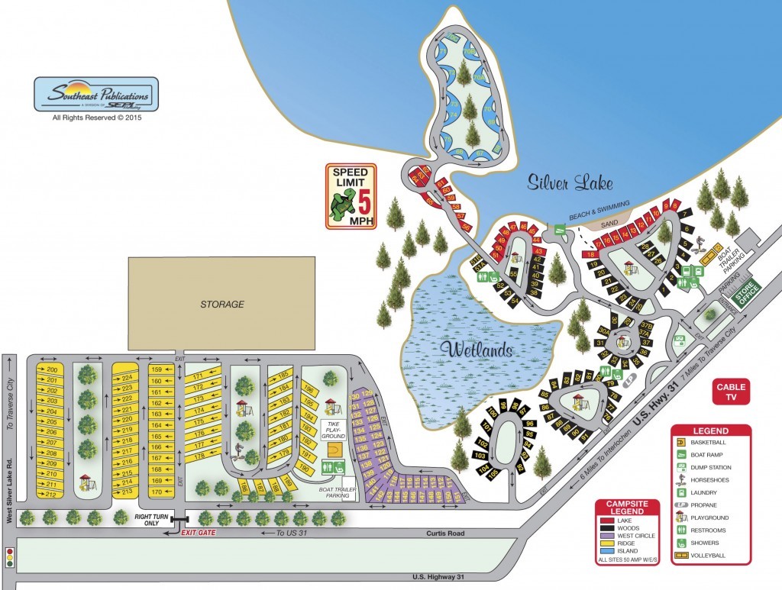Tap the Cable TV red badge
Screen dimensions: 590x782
(x=731, y=392)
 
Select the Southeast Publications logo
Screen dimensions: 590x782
(x=95, y=96)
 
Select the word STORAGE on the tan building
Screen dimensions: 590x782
(x=221, y=305)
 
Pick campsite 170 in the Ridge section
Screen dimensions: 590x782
(x=157, y=492)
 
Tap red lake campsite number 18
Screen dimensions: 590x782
(x=590, y=254)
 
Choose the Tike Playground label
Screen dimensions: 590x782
(x=333, y=428)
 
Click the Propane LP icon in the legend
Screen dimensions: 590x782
(x=679, y=505)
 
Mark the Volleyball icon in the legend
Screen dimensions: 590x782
(x=679, y=555)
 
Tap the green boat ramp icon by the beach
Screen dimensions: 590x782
(x=559, y=228)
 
